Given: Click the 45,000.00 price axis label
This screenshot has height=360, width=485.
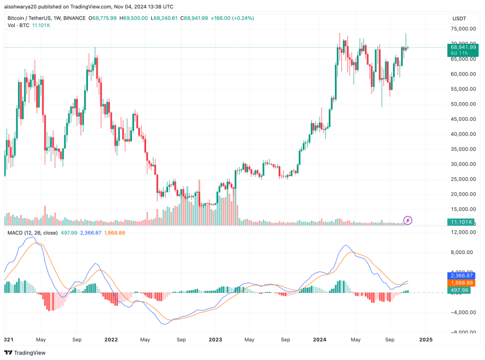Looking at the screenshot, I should [x=462, y=119].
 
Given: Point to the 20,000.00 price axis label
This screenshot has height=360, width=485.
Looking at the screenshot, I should [x=462, y=194].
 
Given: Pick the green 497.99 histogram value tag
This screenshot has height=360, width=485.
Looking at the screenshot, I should [x=460, y=290].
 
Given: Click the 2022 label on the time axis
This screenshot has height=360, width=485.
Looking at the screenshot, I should [x=111, y=340].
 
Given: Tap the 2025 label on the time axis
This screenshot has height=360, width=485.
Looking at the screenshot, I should [x=426, y=340].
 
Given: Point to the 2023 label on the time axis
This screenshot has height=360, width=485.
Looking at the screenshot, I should [x=216, y=340].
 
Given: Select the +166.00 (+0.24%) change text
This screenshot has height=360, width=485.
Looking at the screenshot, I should [x=232, y=18].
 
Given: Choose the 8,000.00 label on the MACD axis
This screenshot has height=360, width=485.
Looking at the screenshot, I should [x=464, y=252].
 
